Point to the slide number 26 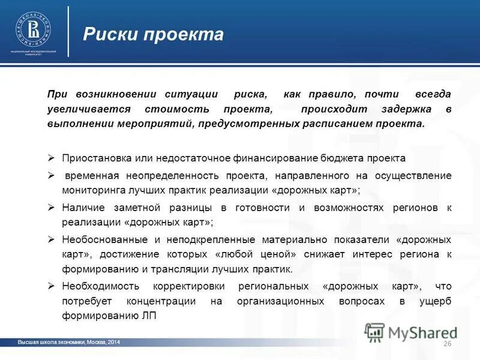[446, 343]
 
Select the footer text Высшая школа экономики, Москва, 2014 [69, 341]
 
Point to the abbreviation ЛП [149, 316]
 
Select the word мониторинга [91, 190]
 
